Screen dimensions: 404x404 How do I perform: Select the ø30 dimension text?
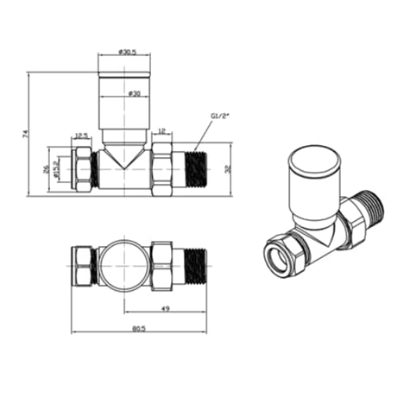coord(134,92)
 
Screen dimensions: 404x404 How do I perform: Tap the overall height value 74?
coord(24,134)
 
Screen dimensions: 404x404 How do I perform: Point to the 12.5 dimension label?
coord(84,134)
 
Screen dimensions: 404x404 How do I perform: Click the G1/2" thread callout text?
coord(220,115)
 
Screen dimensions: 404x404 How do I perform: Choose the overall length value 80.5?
coord(139,338)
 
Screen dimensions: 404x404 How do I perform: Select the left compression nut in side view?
coord(82,170)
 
